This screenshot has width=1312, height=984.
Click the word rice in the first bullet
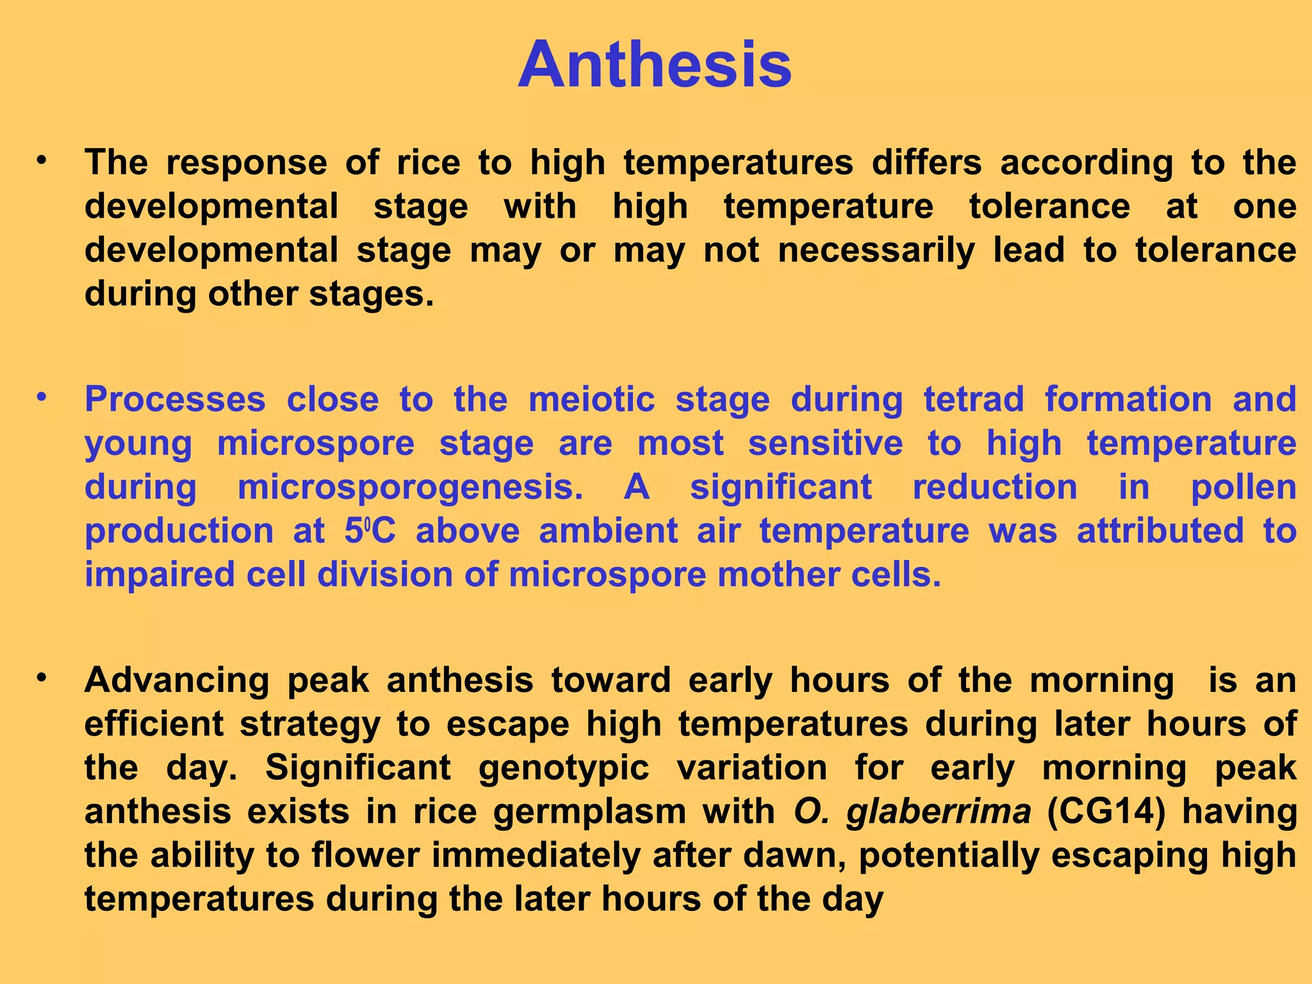click(x=428, y=163)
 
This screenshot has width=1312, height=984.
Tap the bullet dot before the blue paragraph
click(x=42, y=397)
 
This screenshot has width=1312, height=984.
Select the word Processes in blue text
click(x=175, y=400)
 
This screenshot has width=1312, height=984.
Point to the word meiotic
click(x=591, y=400)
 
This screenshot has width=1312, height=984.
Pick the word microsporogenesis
click(x=410, y=488)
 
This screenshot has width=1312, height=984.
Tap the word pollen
click(x=1243, y=488)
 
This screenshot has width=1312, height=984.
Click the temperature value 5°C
click(x=370, y=531)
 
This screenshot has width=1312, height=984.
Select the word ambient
click(x=608, y=531)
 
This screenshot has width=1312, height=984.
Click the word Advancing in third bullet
click(x=176, y=680)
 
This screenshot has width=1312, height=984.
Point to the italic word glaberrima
click(x=939, y=812)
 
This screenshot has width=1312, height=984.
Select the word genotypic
click(x=564, y=768)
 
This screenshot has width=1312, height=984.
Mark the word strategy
click(x=310, y=725)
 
